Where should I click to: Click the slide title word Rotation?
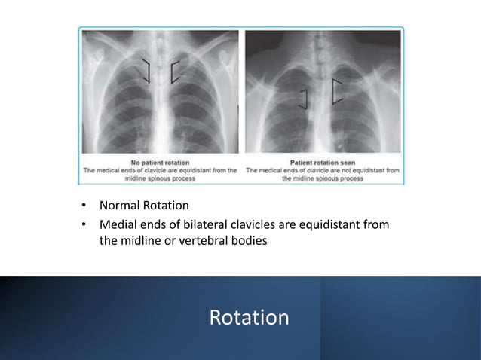tap(249, 317)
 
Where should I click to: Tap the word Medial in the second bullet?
tap(120, 224)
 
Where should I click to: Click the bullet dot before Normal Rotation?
tap(86, 206)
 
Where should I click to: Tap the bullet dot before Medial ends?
tap(86, 224)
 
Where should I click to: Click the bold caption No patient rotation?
tap(160, 162)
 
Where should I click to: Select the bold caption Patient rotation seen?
tap(323, 162)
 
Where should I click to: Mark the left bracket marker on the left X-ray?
tap(146, 71)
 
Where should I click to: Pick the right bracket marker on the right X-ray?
tap(336, 90)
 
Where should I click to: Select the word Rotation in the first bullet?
tap(167, 206)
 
